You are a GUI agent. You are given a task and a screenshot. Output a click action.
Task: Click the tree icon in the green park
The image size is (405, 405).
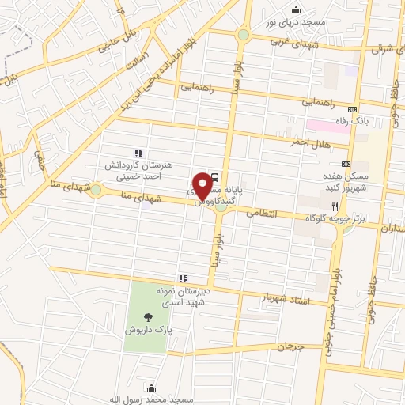tap(148, 317)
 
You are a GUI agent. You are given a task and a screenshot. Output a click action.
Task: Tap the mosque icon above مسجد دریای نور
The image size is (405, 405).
tap(297, 9)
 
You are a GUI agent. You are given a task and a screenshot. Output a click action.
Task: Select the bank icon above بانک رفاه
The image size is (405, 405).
tap(353, 109)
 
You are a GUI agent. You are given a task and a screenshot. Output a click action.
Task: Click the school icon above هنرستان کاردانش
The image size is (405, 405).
tap(138, 152)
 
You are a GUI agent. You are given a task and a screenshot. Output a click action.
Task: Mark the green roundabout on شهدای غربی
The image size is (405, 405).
tap(243, 35)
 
